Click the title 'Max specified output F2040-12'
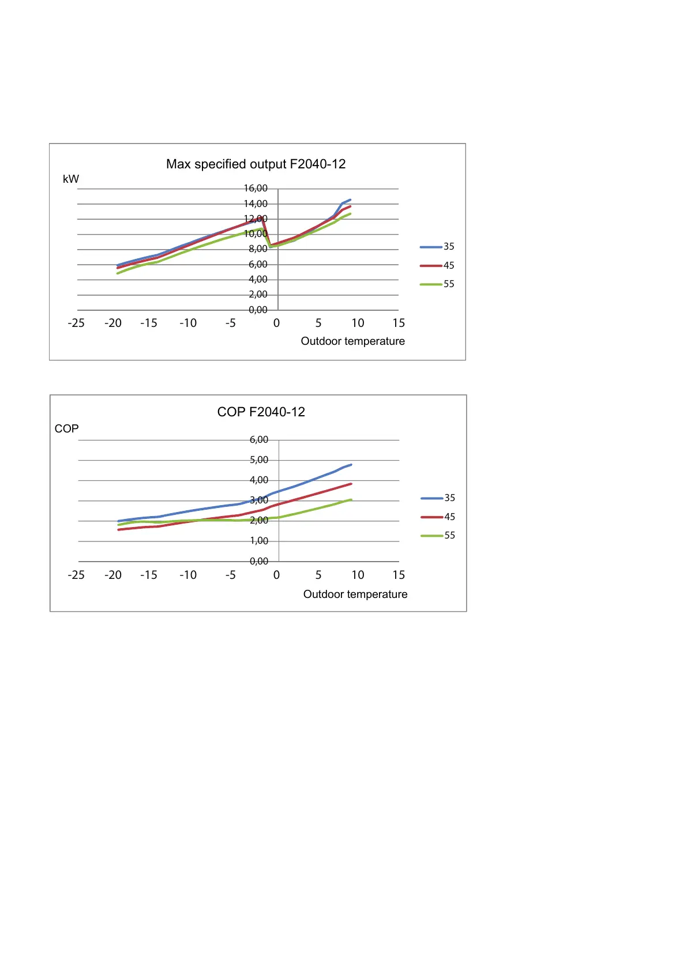(x=256, y=164)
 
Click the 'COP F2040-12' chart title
(x=261, y=412)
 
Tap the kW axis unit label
(x=71, y=179)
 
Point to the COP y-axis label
(x=66, y=429)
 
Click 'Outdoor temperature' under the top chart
(x=352, y=341)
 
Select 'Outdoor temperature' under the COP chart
(x=355, y=594)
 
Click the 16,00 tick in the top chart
(x=256, y=189)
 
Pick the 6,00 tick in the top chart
(x=258, y=265)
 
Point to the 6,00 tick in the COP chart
(x=258, y=440)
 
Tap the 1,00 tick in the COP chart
(x=258, y=541)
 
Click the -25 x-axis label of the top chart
(x=76, y=323)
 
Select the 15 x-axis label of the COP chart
(x=399, y=575)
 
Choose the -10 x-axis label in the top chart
(x=188, y=323)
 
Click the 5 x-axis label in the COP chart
(x=318, y=575)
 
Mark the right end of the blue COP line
(x=351, y=465)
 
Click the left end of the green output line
(x=118, y=273)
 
